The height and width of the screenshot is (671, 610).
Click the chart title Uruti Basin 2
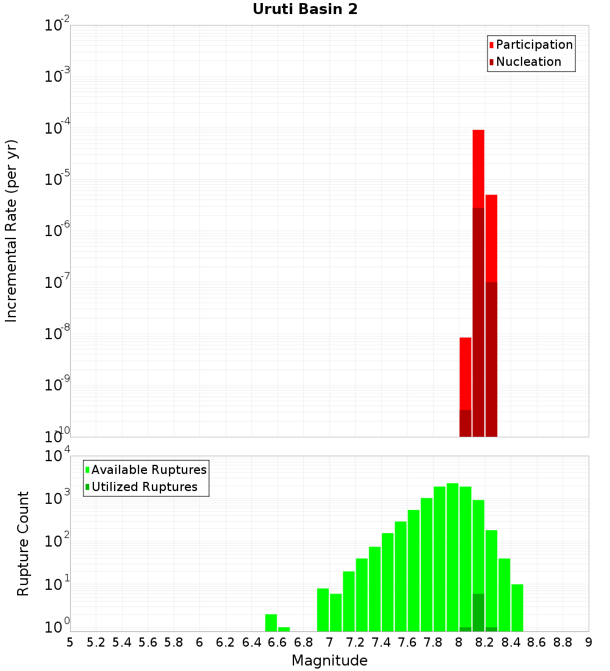click(x=305, y=9)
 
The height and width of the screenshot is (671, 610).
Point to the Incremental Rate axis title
click(x=12, y=231)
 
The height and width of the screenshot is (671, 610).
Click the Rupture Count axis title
click(x=23, y=544)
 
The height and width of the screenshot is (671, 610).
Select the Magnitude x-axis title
click(x=329, y=661)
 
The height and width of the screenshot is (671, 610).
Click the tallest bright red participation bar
click(x=478, y=168)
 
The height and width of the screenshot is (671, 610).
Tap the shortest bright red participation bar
click(x=465, y=373)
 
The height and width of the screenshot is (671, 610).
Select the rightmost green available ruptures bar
click(x=517, y=607)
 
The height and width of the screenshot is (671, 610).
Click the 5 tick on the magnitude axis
click(x=70, y=642)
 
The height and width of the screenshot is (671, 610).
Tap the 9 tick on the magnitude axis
click(x=589, y=642)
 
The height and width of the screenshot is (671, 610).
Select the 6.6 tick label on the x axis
click(x=278, y=642)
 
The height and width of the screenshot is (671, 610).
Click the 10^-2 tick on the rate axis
click(x=57, y=26)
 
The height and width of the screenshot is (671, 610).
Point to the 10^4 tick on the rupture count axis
click(x=57, y=456)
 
